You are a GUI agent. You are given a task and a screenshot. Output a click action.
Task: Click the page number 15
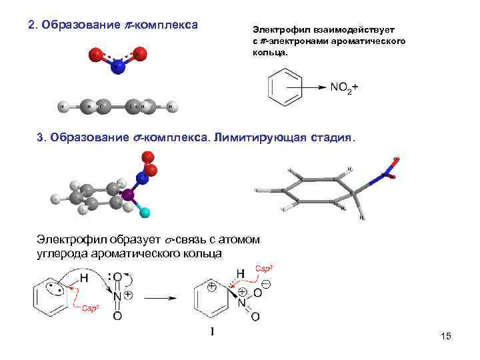tap(446, 337)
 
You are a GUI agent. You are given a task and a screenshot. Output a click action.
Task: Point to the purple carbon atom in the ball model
tap(128, 195)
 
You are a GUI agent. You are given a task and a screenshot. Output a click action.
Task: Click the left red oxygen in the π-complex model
tap(96, 54)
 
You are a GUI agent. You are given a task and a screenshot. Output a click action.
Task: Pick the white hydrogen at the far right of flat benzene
tap(172, 105)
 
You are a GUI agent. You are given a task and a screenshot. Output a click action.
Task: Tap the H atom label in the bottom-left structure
tap(84, 277)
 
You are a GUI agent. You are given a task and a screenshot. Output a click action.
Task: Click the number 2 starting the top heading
tap(31, 25)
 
